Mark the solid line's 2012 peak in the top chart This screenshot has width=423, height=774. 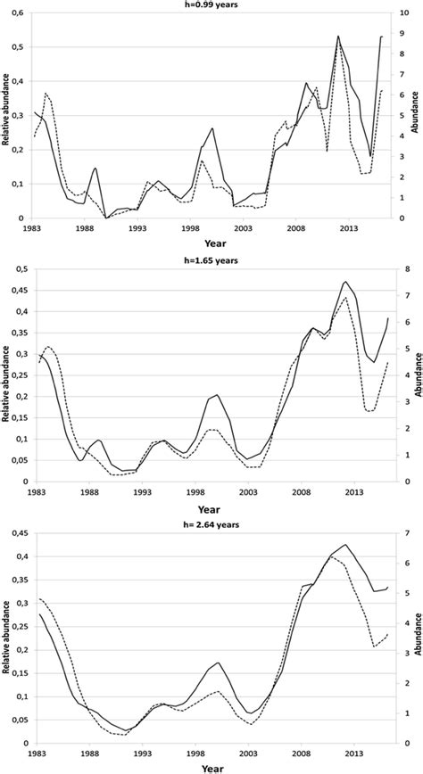[338, 37]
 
